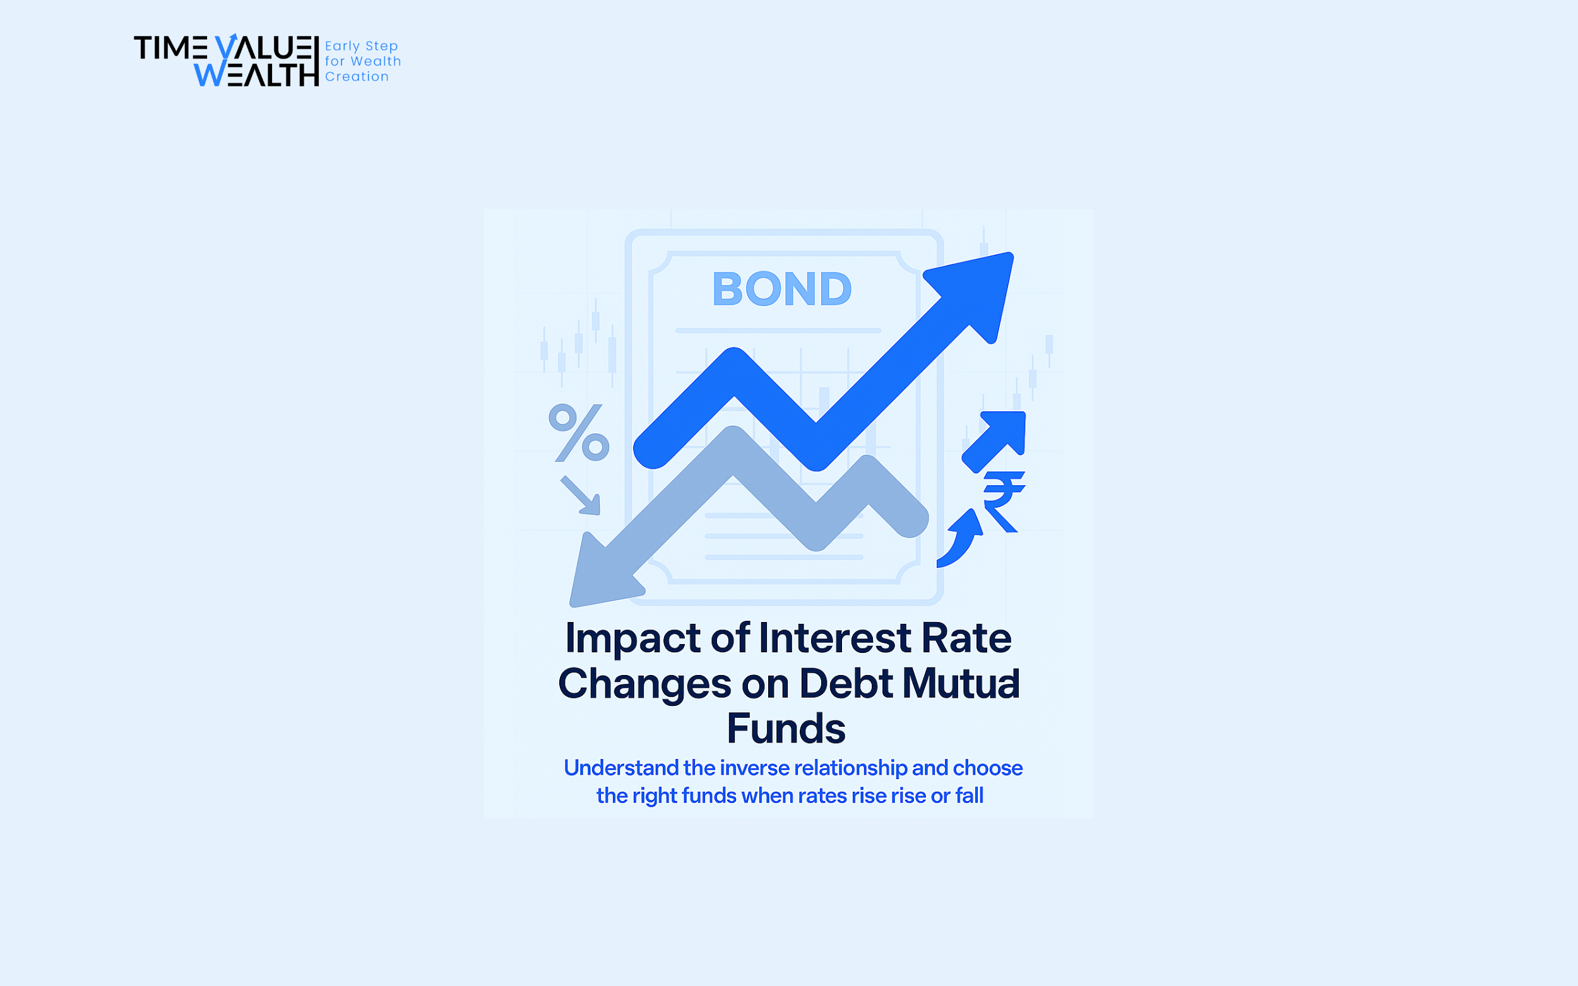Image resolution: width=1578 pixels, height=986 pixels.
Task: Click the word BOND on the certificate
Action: pos(781,289)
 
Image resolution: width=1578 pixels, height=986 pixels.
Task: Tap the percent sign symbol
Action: pos(579,432)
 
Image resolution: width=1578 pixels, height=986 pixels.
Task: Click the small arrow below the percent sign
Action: pos(581,496)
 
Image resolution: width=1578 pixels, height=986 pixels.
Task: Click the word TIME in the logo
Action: pos(171,48)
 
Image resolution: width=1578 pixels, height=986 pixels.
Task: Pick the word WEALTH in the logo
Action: pos(256,74)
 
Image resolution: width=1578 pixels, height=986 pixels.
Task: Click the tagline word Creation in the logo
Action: pos(357,77)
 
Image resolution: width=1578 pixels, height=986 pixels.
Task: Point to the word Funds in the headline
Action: pos(786,729)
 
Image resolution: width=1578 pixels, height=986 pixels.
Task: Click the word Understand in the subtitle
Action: pos(621,768)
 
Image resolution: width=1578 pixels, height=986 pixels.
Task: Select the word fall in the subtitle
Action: pos(970,795)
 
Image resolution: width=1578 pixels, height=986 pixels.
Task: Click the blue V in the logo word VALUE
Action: pos(226,47)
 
